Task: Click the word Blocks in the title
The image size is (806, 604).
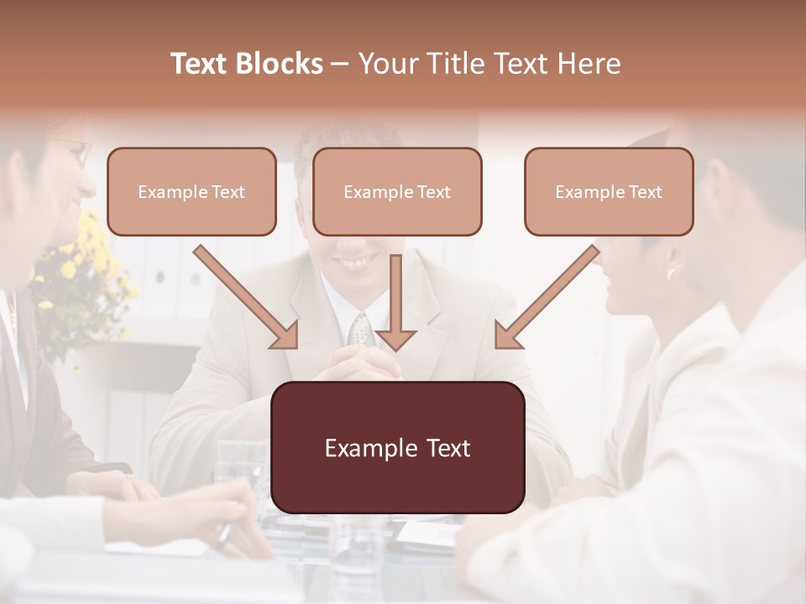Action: pyautogui.click(x=281, y=64)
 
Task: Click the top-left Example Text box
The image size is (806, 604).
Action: pyautogui.click(x=191, y=192)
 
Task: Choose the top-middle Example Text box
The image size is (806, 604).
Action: pyautogui.click(x=397, y=192)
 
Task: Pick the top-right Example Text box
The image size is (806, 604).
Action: pyautogui.click(x=609, y=192)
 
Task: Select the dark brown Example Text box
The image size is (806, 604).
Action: pyautogui.click(x=397, y=448)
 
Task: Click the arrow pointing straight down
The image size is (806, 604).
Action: pyautogui.click(x=395, y=302)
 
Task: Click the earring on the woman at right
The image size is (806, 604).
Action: pyautogui.click(x=672, y=273)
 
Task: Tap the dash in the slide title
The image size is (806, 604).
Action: pyautogui.click(x=340, y=64)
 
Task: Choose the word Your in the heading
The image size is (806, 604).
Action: pyautogui.click(x=388, y=64)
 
